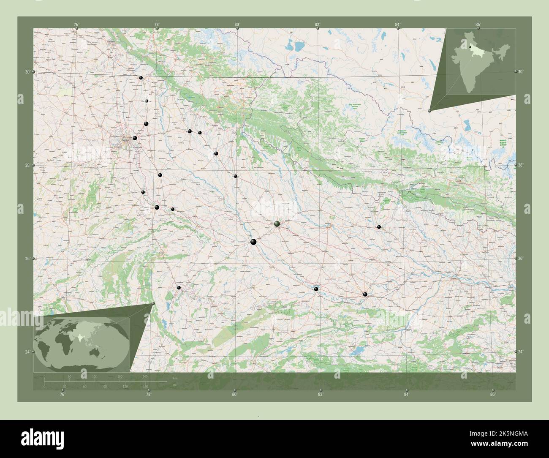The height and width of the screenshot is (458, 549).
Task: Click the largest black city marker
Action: click(253, 242)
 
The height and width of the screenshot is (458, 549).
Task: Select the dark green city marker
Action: click(277, 224)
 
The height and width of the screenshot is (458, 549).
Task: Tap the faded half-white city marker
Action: click(147, 101)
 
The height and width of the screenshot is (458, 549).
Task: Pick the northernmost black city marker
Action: click(141, 78)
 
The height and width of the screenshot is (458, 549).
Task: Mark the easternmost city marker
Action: click(379, 227)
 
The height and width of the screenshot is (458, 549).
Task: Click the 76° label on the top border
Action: click(76, 25)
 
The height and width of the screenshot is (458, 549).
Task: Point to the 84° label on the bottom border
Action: click(406, 395)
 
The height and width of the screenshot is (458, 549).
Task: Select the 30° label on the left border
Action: click(27, 72)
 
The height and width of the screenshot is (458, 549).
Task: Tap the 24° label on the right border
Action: click(521, 352)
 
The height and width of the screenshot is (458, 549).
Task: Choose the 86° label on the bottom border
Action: click(492, 395)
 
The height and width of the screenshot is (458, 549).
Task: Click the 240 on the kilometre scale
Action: click(145, 376)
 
